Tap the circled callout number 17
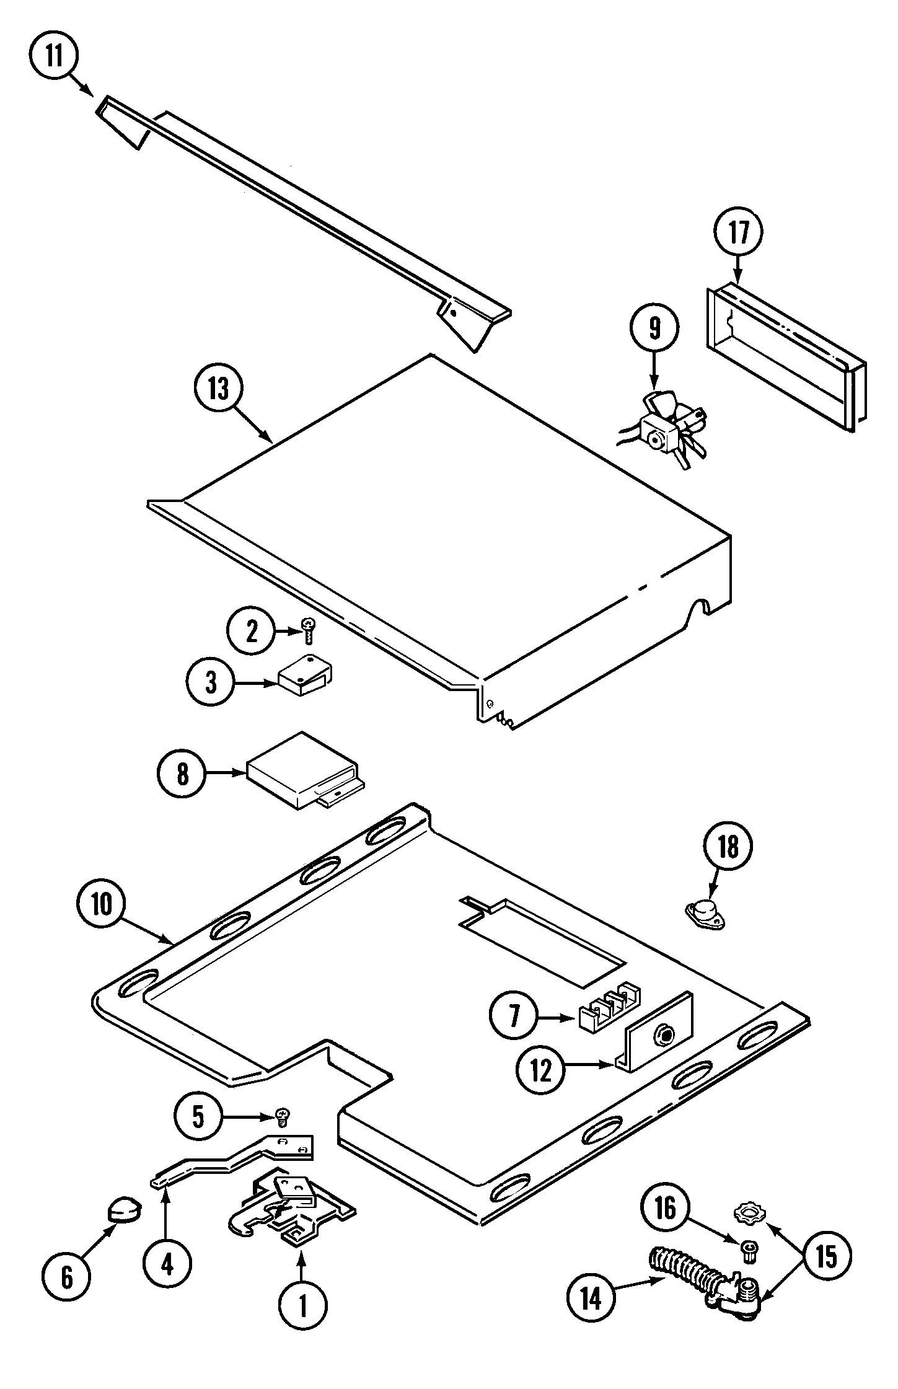click(737, 233)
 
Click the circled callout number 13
click(218, 389)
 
